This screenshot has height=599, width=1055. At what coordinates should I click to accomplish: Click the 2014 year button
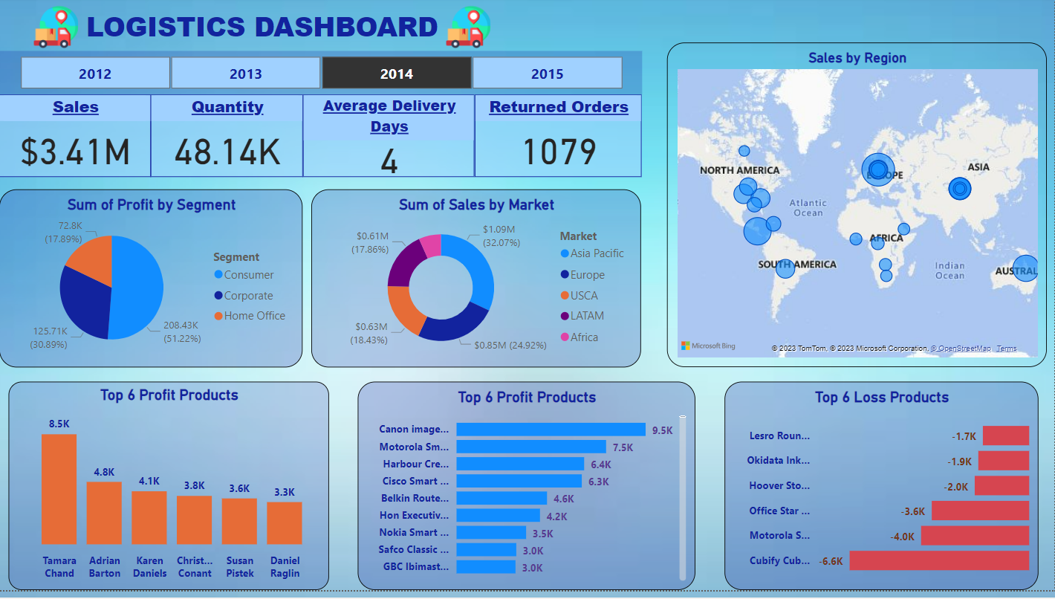pos(397,74)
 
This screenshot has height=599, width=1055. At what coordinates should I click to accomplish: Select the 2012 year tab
pos(95,74)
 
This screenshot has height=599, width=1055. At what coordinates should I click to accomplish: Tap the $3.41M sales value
pos(75,152)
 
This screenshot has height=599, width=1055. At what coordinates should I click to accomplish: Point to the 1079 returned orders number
pos(559,152)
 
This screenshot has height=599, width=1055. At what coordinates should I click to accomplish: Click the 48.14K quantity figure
pos(227,152)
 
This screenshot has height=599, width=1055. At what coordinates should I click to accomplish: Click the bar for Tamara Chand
pos(59,489)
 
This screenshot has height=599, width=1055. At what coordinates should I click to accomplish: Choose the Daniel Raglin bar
pos(285,523)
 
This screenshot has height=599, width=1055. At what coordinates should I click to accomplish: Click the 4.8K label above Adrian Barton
pos(104,472)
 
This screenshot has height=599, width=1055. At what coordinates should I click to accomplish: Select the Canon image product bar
pos(551,430)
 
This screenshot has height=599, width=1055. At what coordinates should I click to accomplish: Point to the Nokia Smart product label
pos(414,532)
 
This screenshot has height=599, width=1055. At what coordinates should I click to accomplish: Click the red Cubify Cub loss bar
pos(939,560)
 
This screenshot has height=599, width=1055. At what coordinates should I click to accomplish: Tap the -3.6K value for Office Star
pos(913,511)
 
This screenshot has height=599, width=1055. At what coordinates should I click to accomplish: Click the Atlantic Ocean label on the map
pos(808,207)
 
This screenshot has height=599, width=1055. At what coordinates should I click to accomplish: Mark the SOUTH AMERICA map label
pos(797,265)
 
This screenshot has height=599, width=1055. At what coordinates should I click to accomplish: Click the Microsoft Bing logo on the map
pos(709,346)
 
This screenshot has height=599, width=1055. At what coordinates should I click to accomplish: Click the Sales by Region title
pos(857,58)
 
